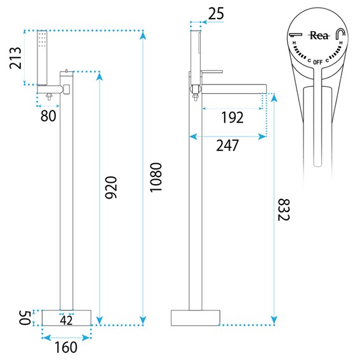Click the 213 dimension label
15,58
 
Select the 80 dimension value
48,116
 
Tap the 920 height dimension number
111,187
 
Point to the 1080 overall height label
156,177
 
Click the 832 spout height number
284,210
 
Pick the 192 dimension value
232,117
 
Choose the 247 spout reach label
227,145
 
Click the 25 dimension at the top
216,14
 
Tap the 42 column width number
67,320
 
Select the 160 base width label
66,347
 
